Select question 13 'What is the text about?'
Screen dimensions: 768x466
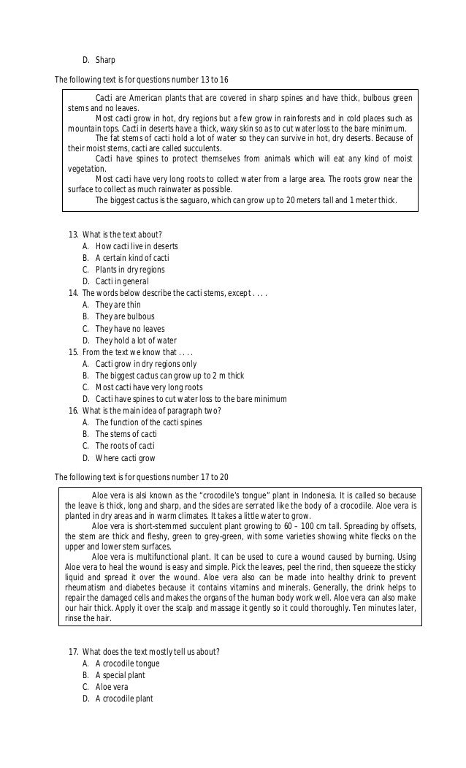[122, 235]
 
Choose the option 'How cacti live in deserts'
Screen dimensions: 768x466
[136, 246]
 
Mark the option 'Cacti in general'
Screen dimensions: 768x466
[121, 281]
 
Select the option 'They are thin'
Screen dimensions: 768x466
[118, 305]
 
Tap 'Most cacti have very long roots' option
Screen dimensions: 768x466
[149, 387]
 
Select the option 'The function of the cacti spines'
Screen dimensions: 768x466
[148, 422]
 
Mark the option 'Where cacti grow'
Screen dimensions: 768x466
[125, 458]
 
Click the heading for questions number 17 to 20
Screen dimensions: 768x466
[143, 477]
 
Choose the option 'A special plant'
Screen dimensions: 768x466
[121, 675]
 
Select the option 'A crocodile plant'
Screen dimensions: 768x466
[124, 699]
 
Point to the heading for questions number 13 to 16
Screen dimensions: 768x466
[143, 79]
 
